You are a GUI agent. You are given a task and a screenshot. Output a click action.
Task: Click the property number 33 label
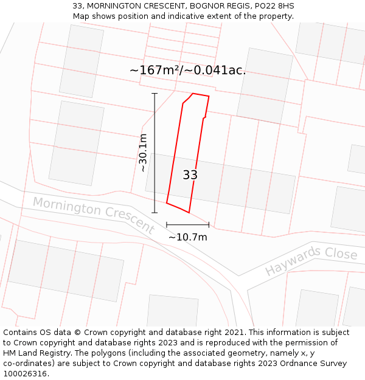click(190, 175)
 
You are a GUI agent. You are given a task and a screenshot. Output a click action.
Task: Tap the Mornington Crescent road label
click(92, 215)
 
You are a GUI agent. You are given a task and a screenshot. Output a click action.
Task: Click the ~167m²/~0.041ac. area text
click(187, 70)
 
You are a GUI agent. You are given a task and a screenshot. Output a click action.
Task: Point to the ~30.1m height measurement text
click(143, 153)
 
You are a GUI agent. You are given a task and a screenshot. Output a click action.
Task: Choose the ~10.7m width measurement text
click(188, 237)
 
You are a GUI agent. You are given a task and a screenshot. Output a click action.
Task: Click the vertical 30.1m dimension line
click(155, 153)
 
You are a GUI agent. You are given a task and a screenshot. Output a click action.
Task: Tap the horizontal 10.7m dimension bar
click(187, 225)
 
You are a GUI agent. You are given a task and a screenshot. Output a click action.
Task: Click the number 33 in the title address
click(77, 6)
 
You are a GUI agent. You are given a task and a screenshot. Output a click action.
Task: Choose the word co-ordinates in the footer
click(30, 364)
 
